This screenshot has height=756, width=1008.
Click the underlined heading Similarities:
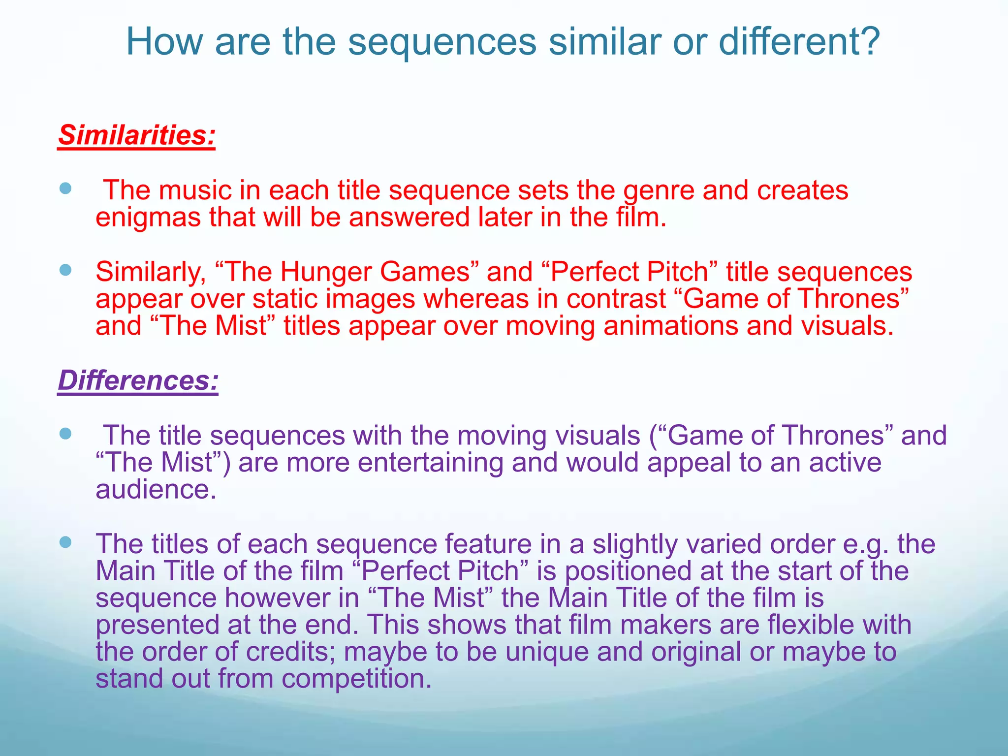tap(137, 135)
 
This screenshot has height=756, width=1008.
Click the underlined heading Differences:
tap(138, 380)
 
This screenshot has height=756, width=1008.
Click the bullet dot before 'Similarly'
tap(65, 270)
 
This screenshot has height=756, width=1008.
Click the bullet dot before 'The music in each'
tap(65, 188)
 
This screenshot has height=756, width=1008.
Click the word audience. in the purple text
tap(156, 489)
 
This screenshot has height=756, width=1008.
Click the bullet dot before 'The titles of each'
tap(65, 542)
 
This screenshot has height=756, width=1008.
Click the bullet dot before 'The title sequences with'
tap(65, 434)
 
